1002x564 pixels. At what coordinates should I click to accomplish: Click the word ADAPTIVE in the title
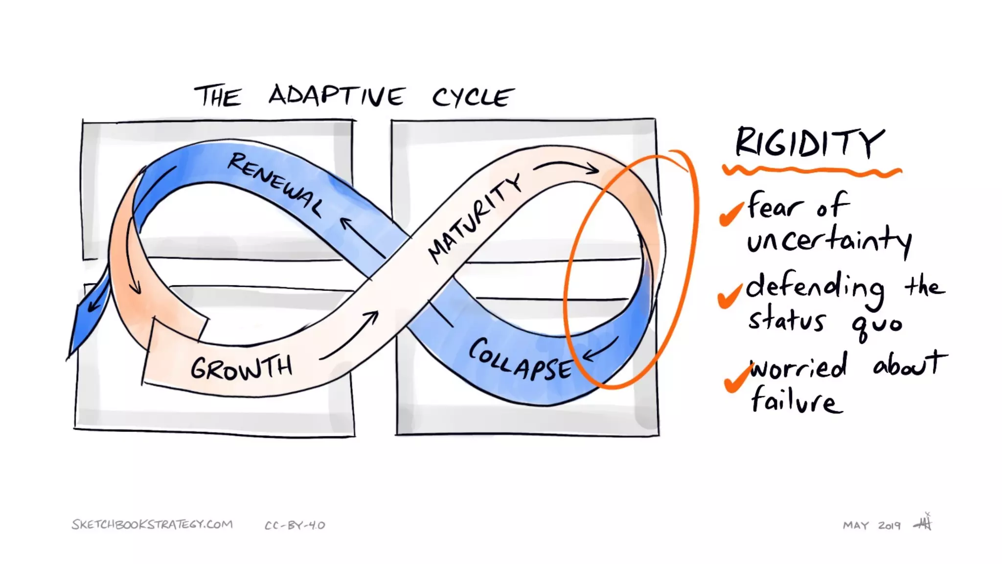point(337,95)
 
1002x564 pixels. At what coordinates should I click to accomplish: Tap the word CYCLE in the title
point(473,97)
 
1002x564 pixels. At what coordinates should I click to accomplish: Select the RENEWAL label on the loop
point(275,184)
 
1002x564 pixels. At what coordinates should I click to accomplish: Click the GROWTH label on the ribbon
point(242,368)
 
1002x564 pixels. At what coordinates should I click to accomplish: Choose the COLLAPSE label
point(520,359)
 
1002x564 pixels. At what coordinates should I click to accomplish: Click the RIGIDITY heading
point(810,142)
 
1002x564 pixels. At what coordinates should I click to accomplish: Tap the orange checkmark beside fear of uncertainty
point(731,214)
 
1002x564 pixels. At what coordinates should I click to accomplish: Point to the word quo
point(877,324)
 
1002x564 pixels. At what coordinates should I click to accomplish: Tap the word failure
point(796,401)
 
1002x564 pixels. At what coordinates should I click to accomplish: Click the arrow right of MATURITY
point(567,167)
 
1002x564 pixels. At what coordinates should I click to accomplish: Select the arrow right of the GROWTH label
point(350,335)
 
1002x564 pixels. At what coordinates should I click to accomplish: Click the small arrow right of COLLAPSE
point(600,349)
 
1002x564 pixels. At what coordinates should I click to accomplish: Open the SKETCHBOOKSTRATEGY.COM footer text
point(152,524)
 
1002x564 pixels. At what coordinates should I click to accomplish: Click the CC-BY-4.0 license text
point(295,526)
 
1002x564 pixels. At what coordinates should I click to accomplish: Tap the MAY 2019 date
point(871,526)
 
